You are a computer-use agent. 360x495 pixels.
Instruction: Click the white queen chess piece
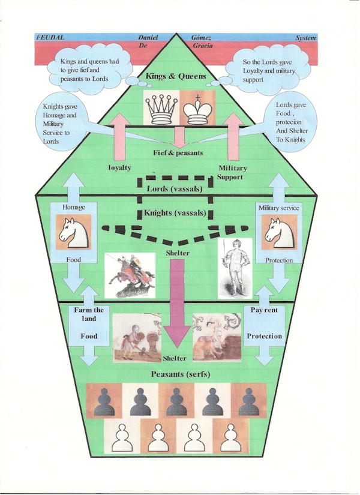click(x=160, y=109)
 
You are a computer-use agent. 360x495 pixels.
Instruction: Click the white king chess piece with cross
click(x=197, y=109)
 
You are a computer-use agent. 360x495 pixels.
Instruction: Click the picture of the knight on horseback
click(x=127, y=273)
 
